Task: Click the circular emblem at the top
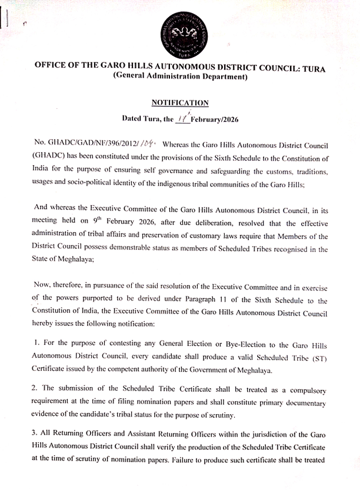(179, 32)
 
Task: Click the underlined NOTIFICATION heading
(180, 103)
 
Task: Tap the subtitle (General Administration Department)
(180, 78)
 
